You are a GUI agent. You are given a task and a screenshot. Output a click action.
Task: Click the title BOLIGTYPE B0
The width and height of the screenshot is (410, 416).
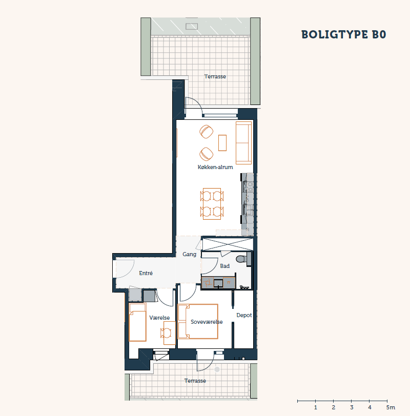tap(344, 34)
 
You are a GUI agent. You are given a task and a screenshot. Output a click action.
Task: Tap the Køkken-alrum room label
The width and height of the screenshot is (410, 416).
tap(215, 167)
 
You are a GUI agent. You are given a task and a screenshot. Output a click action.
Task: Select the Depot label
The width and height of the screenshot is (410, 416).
tap(244, 315)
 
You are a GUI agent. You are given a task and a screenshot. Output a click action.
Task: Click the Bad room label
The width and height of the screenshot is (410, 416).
tap(225, 266)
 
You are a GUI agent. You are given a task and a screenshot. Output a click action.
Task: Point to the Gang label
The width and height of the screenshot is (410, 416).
tap(190, 254)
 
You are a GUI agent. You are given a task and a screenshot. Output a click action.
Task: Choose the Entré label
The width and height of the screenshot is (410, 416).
tap(146, 273)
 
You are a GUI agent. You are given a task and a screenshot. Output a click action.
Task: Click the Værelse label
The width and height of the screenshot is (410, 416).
tap(159, 318)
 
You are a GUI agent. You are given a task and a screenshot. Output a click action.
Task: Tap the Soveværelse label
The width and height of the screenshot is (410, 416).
tap(207, 322)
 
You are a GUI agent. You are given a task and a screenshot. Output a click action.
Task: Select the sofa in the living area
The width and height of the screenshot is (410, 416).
tap(243, 143)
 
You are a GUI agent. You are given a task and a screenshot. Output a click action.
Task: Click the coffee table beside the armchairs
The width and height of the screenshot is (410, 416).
tap(222, 143)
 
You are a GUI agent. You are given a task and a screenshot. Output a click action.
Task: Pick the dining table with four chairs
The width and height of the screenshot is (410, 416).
tap(212, 204)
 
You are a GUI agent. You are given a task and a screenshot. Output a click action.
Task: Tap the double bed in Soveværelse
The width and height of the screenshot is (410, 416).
tap(198, 321)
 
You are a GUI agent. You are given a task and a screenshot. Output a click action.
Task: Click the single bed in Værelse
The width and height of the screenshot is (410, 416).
tap(137, 322)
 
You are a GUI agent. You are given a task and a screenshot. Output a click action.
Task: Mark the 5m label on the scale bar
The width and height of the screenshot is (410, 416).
tap(391, 407)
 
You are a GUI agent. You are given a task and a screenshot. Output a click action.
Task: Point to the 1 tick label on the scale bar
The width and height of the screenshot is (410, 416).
tap(316, 407)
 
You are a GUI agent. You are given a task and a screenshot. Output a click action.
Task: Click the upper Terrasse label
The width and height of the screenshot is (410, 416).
tap(215, 76)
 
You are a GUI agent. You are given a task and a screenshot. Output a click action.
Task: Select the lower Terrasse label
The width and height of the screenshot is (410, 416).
tap(195, 381)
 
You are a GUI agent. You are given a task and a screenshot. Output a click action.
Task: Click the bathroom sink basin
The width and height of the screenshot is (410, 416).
tap(218, 283)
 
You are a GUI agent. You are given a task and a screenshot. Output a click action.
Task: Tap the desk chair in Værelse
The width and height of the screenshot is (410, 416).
tap(166, 333)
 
